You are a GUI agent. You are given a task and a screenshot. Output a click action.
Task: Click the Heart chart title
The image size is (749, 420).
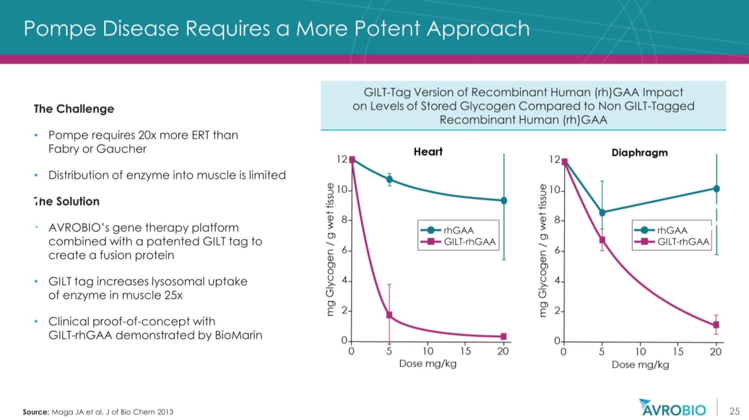pyautogui.click(x=428, y=152)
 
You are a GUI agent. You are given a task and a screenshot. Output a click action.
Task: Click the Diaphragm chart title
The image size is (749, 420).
pyautogui.click(x=639, y=152)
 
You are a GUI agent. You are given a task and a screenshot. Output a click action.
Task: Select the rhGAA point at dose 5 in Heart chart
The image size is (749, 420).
pyautogui.click(x=389, y=179)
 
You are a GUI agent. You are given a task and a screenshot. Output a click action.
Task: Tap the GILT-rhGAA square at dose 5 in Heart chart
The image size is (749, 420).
pyautogui.click(x=389, y=315)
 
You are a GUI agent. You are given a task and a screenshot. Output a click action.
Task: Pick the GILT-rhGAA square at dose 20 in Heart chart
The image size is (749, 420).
pyautogui.click(x=504, y=336)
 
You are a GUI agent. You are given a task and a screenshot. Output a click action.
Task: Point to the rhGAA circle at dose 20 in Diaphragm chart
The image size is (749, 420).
pyautogui.click(x=716, y=189)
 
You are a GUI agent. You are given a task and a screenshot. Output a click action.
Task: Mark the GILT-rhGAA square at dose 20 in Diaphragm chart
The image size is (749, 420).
pyautogui.click(x=716, y=325)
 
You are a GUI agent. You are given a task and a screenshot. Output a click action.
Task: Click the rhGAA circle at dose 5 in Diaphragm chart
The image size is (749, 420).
pyautogui.click(x=602, y=213)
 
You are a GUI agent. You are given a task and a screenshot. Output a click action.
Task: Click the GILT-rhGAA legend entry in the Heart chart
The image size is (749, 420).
pyautogui.click(x=469, y=242)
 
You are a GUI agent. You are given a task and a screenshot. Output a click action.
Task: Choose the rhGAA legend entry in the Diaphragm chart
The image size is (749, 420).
pyautogui.click(x=672, y=230)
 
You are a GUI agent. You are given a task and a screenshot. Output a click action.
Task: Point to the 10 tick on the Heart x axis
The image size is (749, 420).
pyautogui.click(x=428, y=351)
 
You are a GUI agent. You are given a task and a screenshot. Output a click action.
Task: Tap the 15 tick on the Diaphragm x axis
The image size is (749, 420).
pyautogui.click(x=678, y=351)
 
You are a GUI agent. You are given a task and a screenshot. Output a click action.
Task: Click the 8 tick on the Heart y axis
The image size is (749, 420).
pyautogui.click(x=345, y=220)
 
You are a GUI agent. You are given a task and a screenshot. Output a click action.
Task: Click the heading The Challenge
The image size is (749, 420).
pyautogui.click(x=74, y=109)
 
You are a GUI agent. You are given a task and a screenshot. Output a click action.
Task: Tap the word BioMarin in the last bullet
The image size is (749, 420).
pyautogui.click(x=238, y=335)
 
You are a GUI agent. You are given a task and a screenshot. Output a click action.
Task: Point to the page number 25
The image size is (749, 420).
pyautogui.click(x=734, y=411)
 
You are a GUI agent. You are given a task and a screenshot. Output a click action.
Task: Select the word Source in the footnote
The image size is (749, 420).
pyautogui.click(x=36, y=412)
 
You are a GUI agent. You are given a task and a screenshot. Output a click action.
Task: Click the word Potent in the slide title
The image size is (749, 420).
pyautogui.click(x=387, y=28)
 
